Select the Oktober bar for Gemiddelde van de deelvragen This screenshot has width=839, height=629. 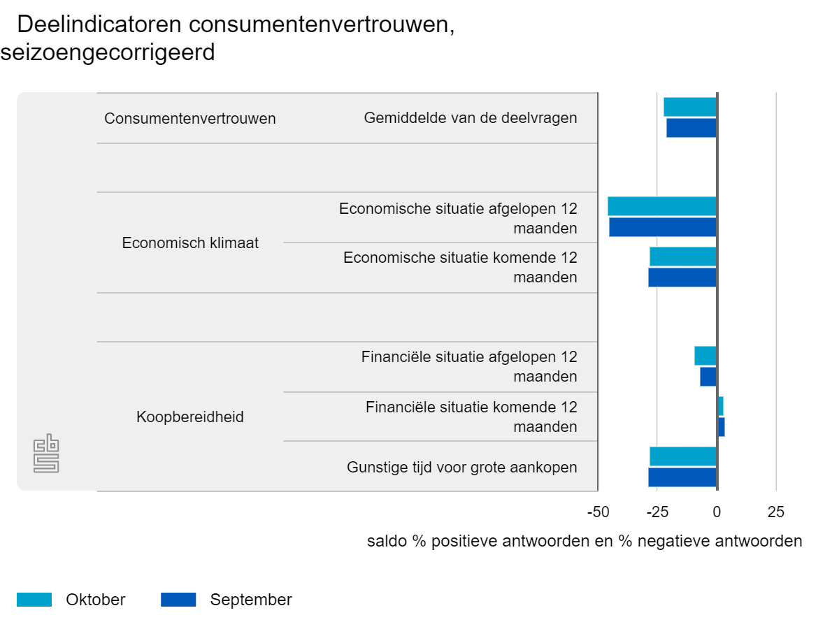click(689, 107)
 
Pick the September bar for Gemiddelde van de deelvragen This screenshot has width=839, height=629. click(691, 128)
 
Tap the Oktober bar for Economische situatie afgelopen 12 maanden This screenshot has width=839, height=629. click(661, 206)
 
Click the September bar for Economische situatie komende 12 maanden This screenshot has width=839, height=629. click(682, 277)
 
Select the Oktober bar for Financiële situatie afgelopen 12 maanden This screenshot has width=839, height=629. click(705, 356)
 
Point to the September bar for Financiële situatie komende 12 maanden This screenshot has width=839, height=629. click(721, 427)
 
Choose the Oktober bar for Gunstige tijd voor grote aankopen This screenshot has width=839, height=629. click(682, 456)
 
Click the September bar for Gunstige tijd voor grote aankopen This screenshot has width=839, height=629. click(682, 477)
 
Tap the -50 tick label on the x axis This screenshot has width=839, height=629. click(598, 512)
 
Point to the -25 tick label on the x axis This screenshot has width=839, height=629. click(657, 512)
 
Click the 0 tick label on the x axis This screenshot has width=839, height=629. click(717, 512)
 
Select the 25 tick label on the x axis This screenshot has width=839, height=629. click(776, 512)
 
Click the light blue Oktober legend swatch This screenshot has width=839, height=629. click(34, 600)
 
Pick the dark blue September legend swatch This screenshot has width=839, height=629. click(178, 600)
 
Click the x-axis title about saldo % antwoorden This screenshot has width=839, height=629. click(585, 542)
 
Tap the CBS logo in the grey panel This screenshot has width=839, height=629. click(47, 454)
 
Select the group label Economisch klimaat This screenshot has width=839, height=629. click(190, 243)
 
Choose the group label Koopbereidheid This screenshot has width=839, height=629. click(190, 417)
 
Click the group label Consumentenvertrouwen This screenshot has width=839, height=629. click(190, 119)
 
